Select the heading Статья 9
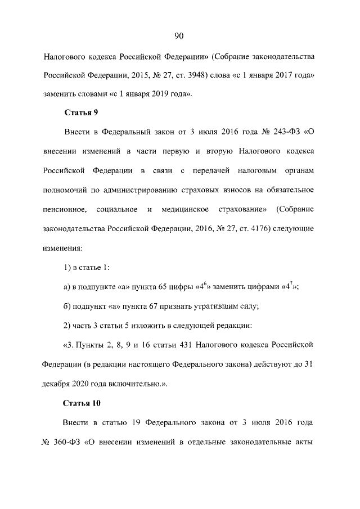point(81,112)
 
